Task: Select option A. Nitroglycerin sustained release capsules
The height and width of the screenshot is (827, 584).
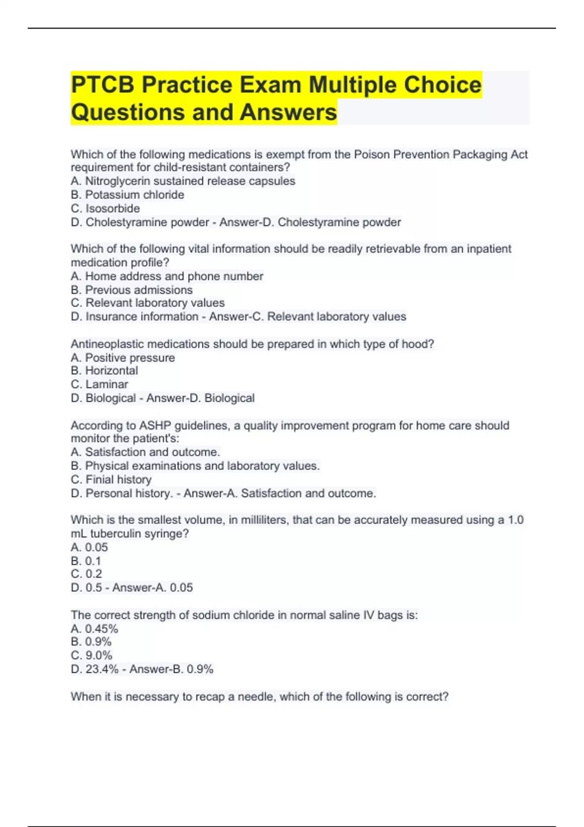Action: [x=183, y=181]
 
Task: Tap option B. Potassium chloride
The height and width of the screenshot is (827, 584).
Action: [x=128, y=195]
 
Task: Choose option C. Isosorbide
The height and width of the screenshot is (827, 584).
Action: [x=105, y=208]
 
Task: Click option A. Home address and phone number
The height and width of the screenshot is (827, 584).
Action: [x=167, y=276]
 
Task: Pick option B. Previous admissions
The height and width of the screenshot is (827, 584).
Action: [x=131, y=290]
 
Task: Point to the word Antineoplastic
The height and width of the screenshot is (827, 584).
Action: [x=107, y=344]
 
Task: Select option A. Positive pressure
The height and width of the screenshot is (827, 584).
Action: [x=123, y=358]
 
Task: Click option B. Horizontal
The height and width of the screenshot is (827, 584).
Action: [x=104, y=371]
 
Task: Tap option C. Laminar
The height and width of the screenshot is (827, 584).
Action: [x=99, y=384]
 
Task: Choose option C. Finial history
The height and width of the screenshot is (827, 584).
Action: [x=111, y=480]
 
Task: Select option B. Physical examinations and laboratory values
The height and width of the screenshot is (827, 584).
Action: [x=195, y=466]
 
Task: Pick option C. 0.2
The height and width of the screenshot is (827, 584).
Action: [x=87, y=574]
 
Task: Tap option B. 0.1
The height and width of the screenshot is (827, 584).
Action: [x=86, y=561]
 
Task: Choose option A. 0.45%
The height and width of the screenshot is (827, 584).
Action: [x=94, y=629]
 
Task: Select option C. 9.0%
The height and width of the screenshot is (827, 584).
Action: [x=91, y=656]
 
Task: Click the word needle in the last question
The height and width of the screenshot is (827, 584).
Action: [x=256, y=697]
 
